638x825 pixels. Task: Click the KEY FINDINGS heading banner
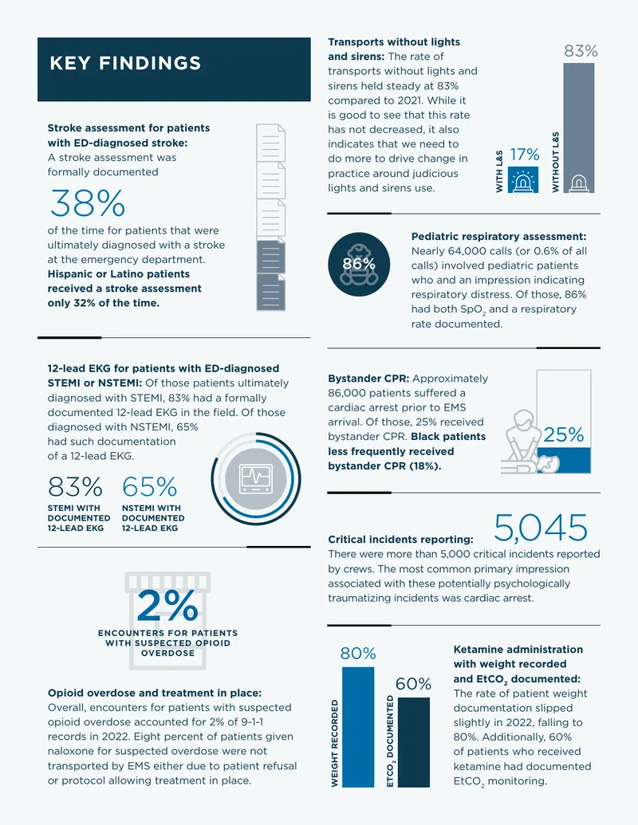click(174, 69)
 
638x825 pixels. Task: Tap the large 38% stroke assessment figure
click(88, 203)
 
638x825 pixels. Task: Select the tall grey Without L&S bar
click(578, 128)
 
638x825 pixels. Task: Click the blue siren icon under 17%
click(522, 179)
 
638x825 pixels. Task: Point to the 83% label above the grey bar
click(581, 51)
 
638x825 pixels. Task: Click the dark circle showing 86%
click(359, 264)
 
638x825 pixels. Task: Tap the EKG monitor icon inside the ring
click(256, 479)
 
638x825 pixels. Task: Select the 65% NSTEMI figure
click(149, 487)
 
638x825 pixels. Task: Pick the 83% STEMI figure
click(75, 487)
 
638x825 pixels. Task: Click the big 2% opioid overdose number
click(167, 605)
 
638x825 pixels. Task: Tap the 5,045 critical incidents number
click(541, 528)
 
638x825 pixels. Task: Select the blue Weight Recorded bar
click(358, 727)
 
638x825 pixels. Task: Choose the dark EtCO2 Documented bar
click(414, 742)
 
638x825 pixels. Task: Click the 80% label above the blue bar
click(358, 654)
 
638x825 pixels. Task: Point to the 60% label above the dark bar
click(413, 684)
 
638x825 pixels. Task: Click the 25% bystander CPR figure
click(563, 434)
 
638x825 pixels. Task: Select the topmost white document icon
click(271, 143)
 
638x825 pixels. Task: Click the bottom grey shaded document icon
click(271, 292)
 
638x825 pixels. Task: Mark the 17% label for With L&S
click(524, 155)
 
